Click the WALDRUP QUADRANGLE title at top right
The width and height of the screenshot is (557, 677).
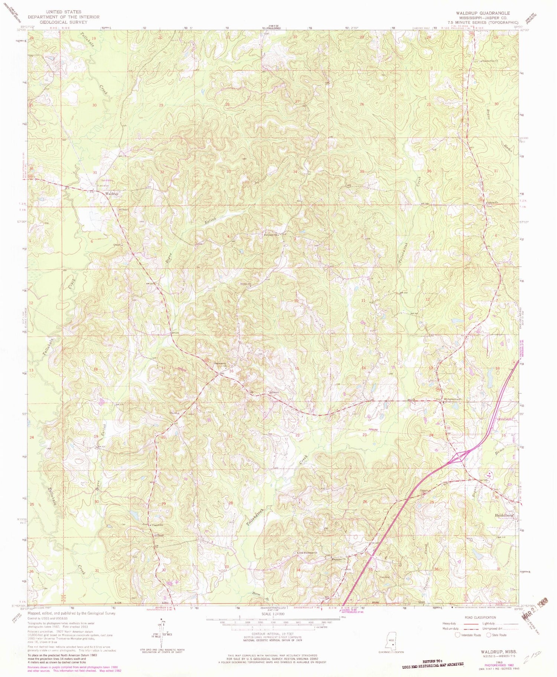(x=483, y=13)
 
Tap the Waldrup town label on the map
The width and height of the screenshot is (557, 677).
(x=112, y=193)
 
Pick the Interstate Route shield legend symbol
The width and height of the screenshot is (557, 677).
(x=458, y=635)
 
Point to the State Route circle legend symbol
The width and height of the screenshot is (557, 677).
(x=489, y=635)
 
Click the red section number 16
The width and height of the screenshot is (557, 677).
(x=231, y=371)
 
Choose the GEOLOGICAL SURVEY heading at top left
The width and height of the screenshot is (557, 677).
(x=63, y=22)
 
